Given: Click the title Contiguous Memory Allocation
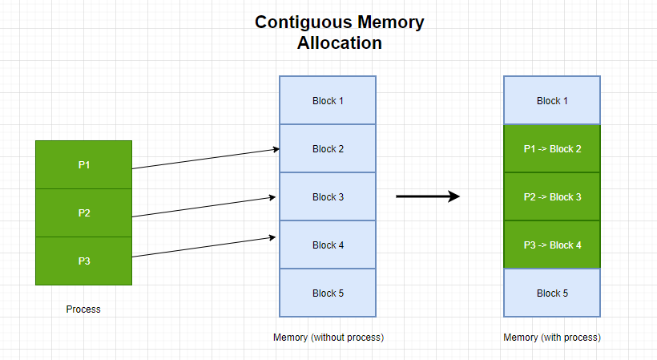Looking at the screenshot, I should click(340, 33).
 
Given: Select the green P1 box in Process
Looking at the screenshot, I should click(83, 165).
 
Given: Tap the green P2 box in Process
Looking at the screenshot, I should click(83, 213).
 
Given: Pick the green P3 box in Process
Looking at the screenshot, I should click(83, 261).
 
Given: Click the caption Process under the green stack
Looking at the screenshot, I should click(83, 309).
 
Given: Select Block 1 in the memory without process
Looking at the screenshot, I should click(328, 101).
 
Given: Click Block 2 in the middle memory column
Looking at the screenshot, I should click(328, 149).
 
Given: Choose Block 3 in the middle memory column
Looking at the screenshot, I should click(328, 197).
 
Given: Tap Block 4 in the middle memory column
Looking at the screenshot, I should click(328, 245).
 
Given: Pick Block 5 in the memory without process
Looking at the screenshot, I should click(328, 293).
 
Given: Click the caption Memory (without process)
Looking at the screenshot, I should click(328, 338).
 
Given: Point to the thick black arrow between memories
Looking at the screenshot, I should click(428, 196).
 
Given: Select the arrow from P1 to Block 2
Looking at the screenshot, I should click(204, 159).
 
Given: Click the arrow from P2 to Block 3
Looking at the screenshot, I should click(204, 206).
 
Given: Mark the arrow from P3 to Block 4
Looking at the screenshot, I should click(204, 247).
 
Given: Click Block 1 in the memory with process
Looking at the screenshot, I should click(551, 101).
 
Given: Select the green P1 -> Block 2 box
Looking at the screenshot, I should click(551, 149).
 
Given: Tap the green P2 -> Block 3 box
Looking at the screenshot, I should click(551, 197).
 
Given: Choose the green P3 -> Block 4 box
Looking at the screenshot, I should click(551, 245).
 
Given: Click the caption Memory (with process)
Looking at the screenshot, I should click(552, 338).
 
